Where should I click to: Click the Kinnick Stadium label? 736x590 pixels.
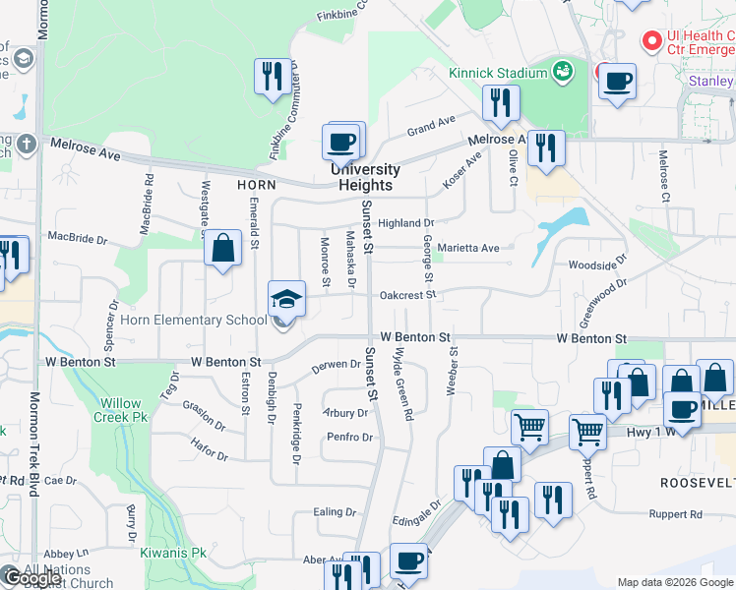tap(497, 73)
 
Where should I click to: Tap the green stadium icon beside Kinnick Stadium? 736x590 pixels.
tap(563, 71)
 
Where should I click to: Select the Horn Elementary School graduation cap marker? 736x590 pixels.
tap(285, 299)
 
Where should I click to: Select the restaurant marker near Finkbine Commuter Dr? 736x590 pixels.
tap(271, 78)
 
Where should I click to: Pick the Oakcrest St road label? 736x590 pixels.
tap(407, 294)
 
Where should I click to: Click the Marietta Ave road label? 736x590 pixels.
tap(468, 248)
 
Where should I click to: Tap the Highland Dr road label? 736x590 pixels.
tap(405, 223)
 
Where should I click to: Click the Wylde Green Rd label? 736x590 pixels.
tap(402, 383)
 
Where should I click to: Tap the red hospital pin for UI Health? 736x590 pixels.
tap(650, 41)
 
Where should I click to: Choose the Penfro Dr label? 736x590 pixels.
tap(348, 437)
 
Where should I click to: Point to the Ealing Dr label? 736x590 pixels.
tap(334, 512)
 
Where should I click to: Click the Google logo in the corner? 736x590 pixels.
tap(32, 578)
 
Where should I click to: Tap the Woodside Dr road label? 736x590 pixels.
tap(596, 265)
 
